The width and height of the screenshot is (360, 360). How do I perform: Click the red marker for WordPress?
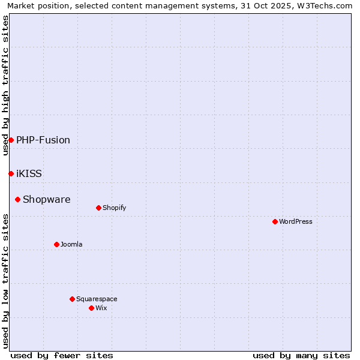(275, 221)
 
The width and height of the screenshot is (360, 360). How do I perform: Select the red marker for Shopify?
(98, 208)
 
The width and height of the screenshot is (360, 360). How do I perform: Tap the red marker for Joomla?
(56, 244)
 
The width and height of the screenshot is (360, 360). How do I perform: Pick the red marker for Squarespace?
(72, 299)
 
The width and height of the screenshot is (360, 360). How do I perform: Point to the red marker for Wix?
(91, 308)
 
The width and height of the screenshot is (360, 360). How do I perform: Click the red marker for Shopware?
(17, 199)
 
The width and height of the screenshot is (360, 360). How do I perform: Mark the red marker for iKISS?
(11, 173)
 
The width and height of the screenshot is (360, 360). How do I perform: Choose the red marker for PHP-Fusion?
(11, 140)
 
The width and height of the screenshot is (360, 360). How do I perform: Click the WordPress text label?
(296, 221)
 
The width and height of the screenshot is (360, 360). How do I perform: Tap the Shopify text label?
(114, 208)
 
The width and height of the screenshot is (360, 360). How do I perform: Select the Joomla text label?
(71, 244)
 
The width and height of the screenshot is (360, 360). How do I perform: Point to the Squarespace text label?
(97, 299)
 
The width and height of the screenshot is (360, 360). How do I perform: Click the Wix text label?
(101, 308)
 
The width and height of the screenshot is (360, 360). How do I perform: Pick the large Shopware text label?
(46, 199)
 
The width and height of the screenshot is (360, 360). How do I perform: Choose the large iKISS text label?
(29, 173)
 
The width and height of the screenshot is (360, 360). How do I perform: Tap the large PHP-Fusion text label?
(43, 140)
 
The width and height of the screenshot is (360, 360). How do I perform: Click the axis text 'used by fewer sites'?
(62, 355)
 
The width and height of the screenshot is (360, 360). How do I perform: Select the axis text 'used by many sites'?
(301, 355)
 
